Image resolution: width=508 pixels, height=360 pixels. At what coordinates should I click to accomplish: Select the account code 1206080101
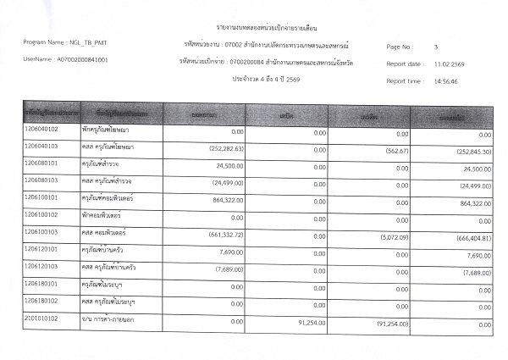[41, 163]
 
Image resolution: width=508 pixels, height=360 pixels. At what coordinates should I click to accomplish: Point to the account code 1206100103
[41, 230]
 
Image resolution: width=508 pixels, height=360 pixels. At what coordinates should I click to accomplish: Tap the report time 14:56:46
[449, 80]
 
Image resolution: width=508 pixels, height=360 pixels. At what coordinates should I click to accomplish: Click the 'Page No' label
[399, 46]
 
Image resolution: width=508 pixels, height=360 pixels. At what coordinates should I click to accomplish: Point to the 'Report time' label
[404, 80]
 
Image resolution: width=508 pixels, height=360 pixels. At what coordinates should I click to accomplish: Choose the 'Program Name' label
[44, 42]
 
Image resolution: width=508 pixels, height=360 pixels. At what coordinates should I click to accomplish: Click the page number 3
[435, 46]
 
